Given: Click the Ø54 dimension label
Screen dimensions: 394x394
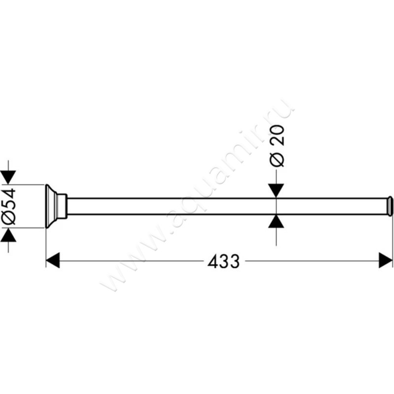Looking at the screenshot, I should [x=9, y=206].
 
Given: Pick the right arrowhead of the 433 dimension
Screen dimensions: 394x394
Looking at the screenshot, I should [x=386, y=261].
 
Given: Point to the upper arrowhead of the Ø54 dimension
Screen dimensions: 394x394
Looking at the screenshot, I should [x=8, y=177].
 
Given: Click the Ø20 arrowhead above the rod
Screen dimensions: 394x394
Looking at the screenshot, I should [x=276, y=191].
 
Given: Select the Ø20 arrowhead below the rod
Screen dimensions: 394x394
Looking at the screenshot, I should [x=276, y=222].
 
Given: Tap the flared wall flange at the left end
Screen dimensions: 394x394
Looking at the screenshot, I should [x=50, y=206].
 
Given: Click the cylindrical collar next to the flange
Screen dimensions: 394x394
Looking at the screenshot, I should [x=61, y=206].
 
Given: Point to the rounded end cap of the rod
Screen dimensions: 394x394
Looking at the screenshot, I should [x=390, y=206].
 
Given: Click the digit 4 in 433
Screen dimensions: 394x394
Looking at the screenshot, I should [x=213, y=262].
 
